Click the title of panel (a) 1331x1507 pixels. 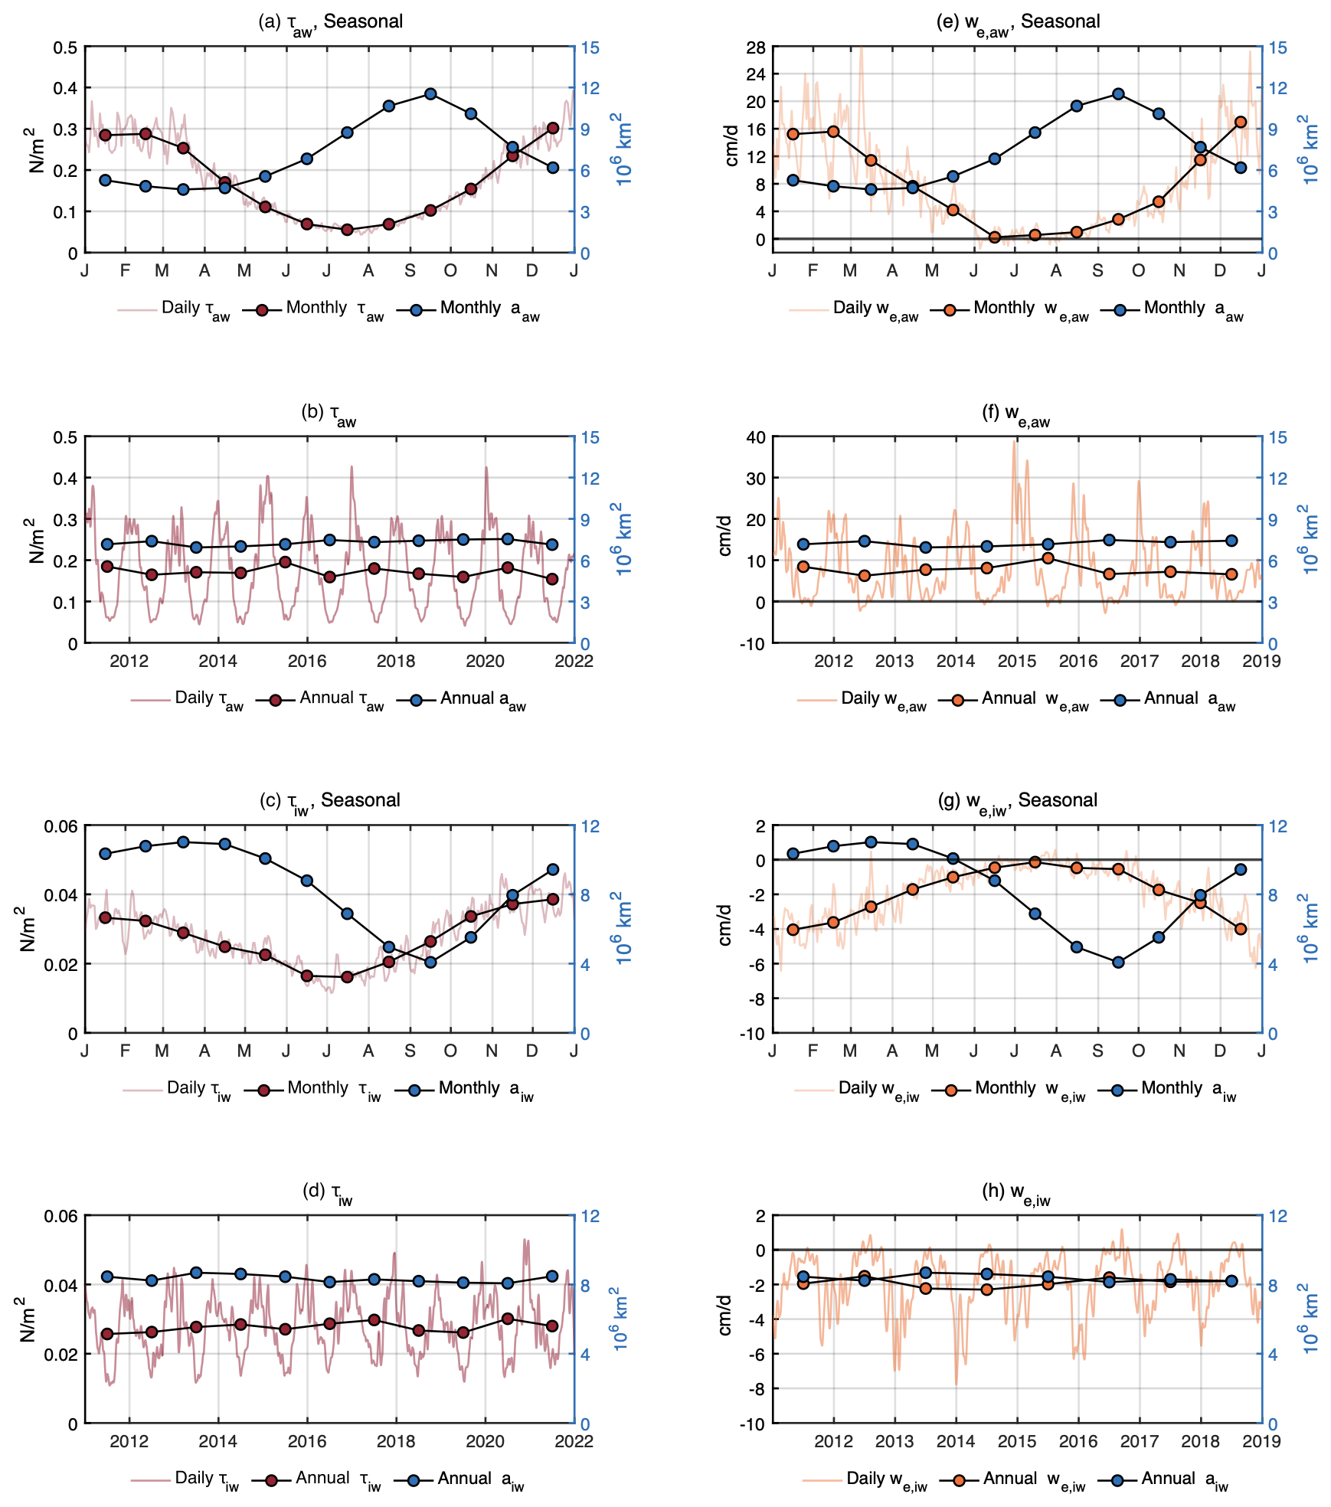click(x=331, y=22)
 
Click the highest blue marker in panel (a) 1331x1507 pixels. click(x=430, y=94)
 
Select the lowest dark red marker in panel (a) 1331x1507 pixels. click(x=347, y=230)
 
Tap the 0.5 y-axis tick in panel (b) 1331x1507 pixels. click(x=65, y=437)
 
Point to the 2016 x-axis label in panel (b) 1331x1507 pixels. click(x=307, y=662)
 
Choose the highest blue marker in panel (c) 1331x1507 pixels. click(x=183, y=842)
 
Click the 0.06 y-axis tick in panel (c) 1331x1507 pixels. click(x=60, y=826)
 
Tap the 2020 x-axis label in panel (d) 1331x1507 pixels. click(x=485, y=1441)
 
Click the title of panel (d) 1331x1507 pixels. click(x=328, y=1192)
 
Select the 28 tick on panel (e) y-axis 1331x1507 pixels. click(x=755, y=47)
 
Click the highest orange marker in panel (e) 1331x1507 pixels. click(x=1241, y=122)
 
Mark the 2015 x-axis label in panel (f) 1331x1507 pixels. click(x=1017, y=662)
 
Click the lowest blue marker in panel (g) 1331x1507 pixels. click(x=1118, y=963)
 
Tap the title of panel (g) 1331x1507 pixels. click(x=1018, y=801)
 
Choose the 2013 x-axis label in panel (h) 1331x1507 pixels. click(x=894, y=1441)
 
